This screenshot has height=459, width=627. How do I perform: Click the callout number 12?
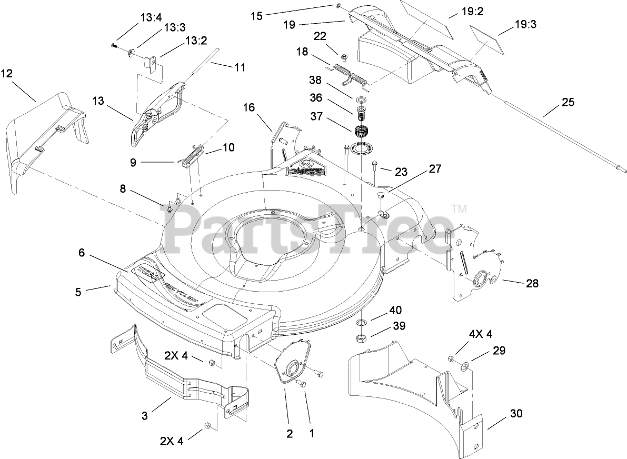(7, 74)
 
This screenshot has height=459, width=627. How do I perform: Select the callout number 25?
(568, 102)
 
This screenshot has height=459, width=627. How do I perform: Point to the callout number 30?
(516, 414)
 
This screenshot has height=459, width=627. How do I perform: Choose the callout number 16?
(248, 107)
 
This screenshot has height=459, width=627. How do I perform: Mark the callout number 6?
(81, 252)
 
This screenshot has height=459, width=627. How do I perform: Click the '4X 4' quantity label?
(481, 334)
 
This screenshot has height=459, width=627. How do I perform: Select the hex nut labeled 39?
(362, 337)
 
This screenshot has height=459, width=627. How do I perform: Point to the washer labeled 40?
(363, 322)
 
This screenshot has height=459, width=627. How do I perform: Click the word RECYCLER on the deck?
(182, 290)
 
